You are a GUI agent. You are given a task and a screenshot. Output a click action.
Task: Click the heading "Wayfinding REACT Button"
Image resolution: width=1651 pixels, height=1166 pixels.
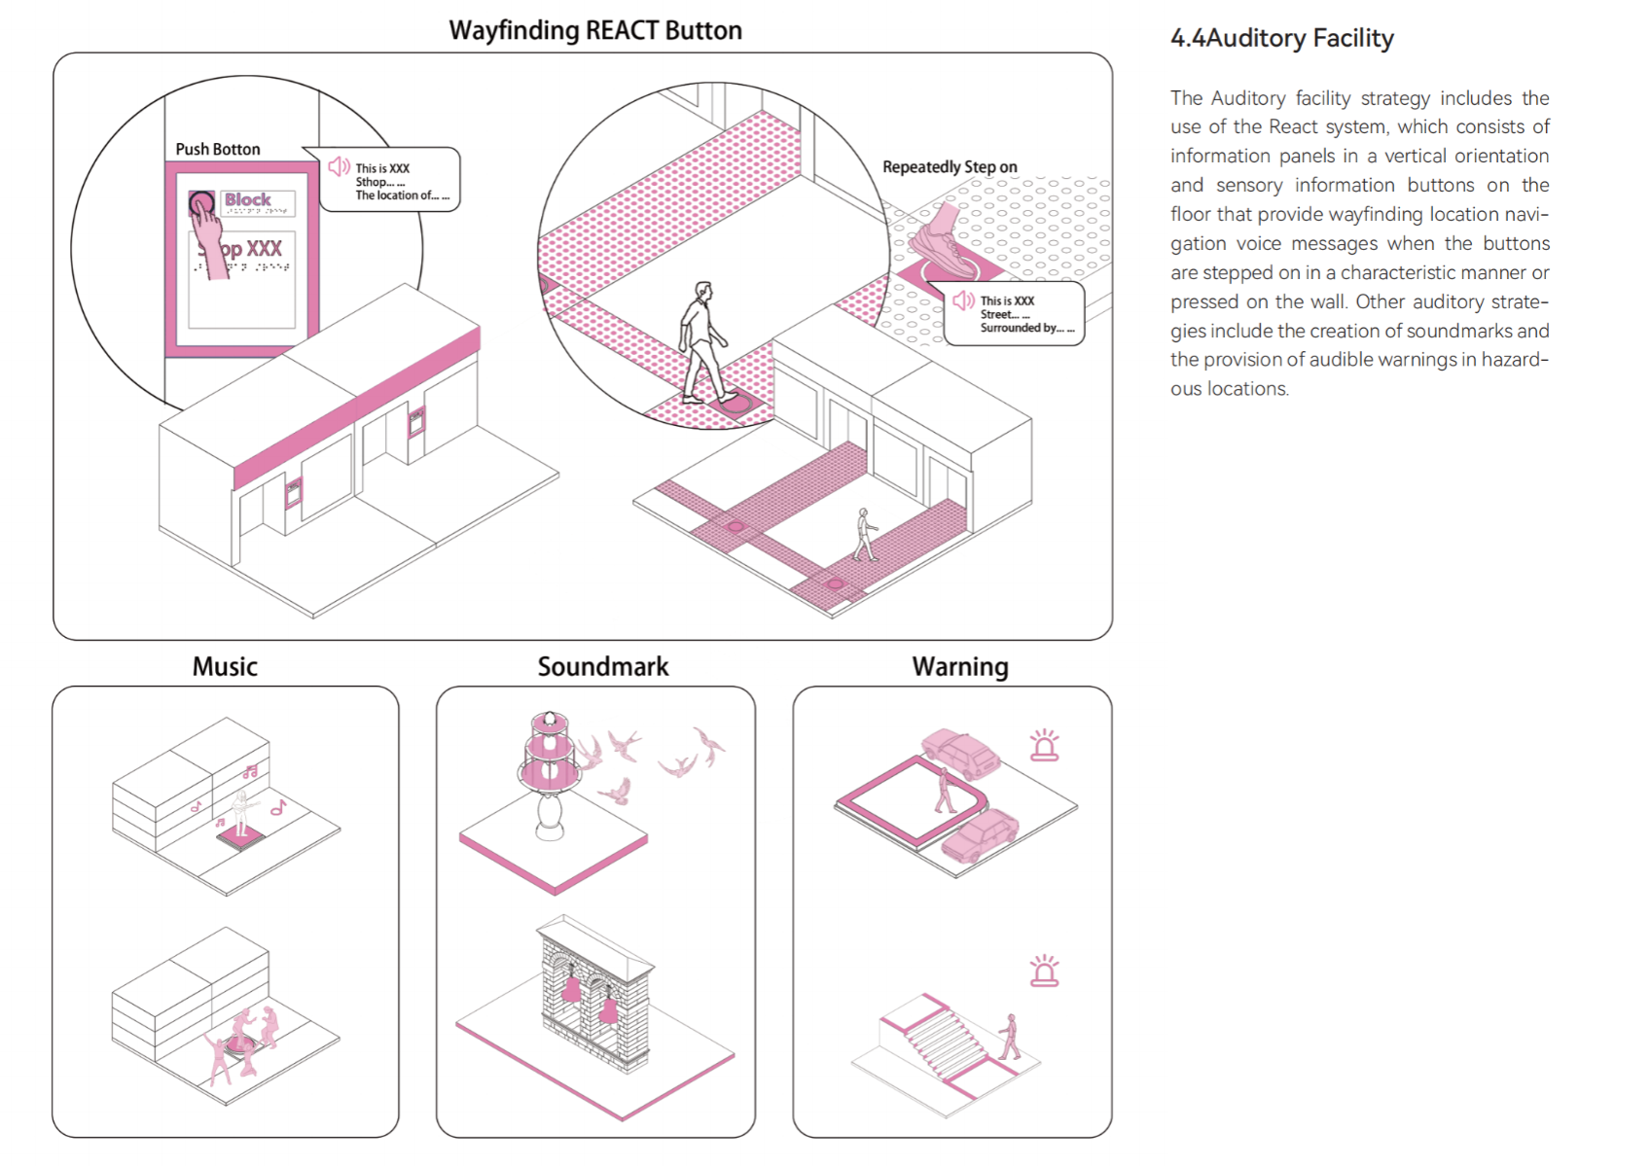point(594,30)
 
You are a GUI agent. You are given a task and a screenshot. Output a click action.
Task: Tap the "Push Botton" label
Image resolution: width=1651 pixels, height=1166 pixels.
point(218,149)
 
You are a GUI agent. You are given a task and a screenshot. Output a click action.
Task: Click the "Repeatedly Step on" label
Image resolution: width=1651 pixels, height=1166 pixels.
point(950,167)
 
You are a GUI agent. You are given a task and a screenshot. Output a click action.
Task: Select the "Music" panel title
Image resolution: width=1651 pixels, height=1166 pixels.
point(225,667)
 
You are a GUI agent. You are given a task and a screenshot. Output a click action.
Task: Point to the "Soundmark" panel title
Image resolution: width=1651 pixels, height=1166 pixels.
point(603,667)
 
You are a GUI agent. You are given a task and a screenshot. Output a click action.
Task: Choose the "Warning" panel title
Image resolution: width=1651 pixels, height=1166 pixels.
point(960,667)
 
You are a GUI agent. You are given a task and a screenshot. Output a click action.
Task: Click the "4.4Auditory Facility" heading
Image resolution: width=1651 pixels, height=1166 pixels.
point(1282,39)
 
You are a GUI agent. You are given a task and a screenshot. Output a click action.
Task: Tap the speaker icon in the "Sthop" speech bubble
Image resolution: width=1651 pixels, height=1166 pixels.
point(339,166)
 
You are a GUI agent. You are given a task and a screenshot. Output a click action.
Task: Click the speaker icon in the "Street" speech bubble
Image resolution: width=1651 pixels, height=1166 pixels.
point(963,300)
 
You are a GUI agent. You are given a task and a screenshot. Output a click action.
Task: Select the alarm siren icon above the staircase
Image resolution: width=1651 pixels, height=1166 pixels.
point(1044,971)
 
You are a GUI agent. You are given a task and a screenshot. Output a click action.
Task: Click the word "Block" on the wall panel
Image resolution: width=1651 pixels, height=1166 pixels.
point(248,200)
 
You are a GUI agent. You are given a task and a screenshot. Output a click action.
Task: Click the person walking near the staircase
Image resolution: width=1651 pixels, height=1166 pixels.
point(1011,1037)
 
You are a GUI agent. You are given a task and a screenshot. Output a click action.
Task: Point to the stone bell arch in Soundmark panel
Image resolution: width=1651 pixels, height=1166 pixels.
point(593,992)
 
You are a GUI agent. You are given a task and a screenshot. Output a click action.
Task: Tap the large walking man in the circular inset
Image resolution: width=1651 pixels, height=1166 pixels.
point(702,342)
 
